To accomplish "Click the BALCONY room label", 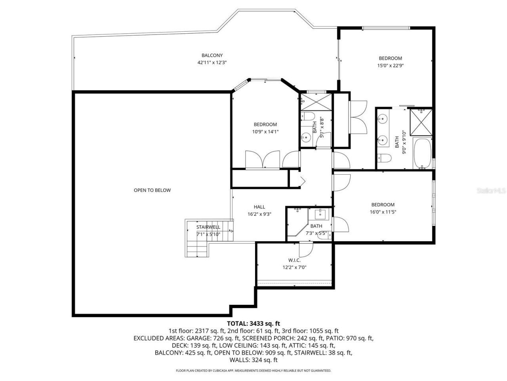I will tap(212, 56).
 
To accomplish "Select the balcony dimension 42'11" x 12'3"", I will tap(212, 62).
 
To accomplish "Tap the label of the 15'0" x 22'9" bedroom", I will tap(390, 58).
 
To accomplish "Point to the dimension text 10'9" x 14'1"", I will tap(265, 132).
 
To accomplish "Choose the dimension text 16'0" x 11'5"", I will tap(383, 212).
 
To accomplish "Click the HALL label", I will tap(259, 207).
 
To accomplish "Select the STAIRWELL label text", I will tap(208, 227).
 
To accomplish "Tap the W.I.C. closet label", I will tap(294, 260).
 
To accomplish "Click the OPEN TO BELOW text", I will tap(152, 190).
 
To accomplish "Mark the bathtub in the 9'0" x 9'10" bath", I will tap(422, 153).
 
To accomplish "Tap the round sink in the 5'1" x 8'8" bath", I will tap(306, 138).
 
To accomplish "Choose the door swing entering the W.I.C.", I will tap(305, 249).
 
